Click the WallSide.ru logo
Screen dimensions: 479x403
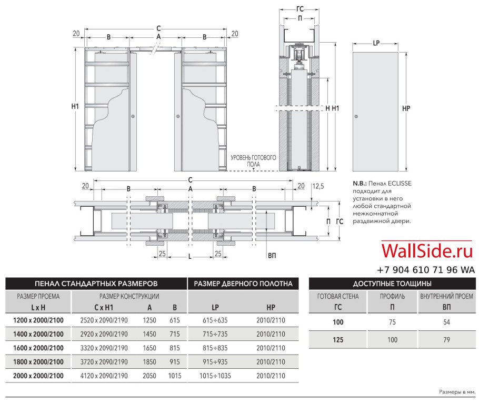coord(427,251)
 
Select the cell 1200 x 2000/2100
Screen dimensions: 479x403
coord(38,320)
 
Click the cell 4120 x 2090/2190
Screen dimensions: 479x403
coord(104,376)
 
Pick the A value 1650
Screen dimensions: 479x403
coord(149,348)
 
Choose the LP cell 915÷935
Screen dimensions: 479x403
coord(215,362)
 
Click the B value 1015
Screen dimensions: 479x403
coord(175,376)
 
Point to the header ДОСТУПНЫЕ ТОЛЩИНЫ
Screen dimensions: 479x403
coord(392,284)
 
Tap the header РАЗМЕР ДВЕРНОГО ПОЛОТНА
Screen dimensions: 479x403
coord(243,284)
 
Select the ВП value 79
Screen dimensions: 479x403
coord(446,339)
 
